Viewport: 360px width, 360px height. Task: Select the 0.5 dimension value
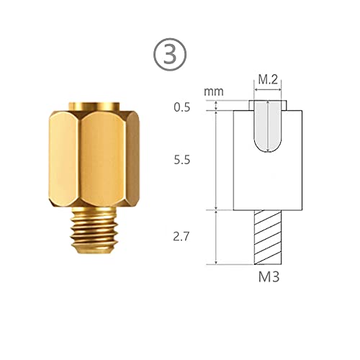[x=182, y=108]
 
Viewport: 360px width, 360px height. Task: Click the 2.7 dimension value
[x=182, y=235]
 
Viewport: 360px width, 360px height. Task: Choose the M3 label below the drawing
[x=268, y=277]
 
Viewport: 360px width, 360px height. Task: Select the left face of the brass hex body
[x=65, y=158]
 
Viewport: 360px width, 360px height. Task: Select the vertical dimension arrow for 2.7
[x=217, y=236]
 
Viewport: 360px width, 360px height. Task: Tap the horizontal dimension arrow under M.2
[x=268, y=91]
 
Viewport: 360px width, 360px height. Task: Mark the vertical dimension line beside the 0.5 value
[x=217, y=106]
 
